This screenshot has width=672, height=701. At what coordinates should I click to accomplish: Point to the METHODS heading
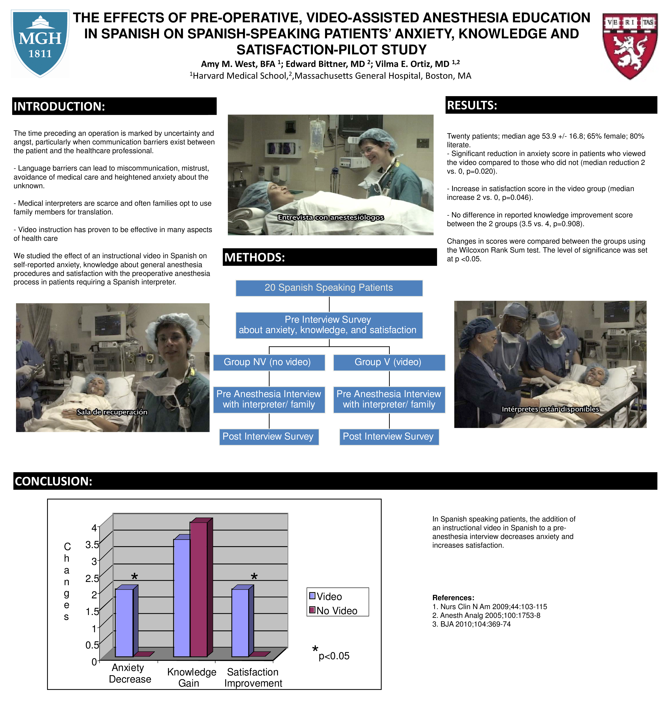tap(254, 258)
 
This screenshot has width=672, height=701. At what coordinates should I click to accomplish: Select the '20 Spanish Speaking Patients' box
tap(329, 288)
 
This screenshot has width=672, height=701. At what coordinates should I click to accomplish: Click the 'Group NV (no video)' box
tap(269, 362)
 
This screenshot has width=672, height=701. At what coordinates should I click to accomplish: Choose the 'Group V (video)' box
tap(389, 362)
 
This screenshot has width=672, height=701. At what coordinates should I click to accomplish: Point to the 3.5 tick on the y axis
tap(92, 545)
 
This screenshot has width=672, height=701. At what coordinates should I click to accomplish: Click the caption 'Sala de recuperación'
tap(112, 412)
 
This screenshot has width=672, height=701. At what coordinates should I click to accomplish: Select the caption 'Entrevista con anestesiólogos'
tap(331, 217)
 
